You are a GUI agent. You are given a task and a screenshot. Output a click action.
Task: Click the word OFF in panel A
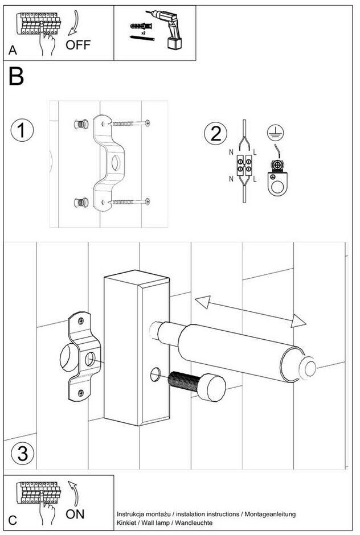(x=78, y=45)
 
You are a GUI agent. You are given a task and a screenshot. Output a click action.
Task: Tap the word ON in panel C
(x=75, y=514)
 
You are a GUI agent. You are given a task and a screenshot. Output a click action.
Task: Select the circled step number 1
(x=22, y=130)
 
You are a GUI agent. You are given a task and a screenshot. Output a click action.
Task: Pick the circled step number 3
(x=22, y=454)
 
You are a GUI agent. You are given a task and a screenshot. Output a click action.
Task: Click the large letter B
(x=17, y=77)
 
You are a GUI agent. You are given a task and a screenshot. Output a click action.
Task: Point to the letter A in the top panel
(x=13, y=51)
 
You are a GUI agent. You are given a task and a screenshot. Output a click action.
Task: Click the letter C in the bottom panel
(x=13, y=520)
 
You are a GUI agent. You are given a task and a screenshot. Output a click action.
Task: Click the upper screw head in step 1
(x=148, y=122)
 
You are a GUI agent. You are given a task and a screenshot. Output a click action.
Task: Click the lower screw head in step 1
(x=148, y=201)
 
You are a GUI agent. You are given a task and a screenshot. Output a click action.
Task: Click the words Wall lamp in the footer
(x=154, y=522)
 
